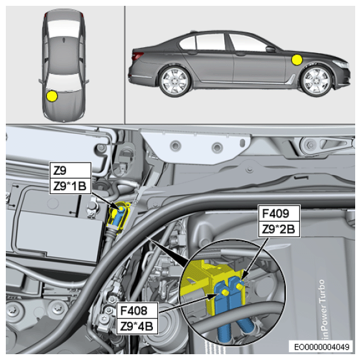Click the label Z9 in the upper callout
(x=60, y=171)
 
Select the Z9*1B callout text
(x=70, y=186)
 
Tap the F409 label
(x=275, y=214)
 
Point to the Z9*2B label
(x=279, y=229)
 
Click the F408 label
(x=134, y=311)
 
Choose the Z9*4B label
(x=137, y=326)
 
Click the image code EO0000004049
(x=321, y=346)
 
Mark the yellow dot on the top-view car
(x=52, y=96)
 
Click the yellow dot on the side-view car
(x=297, y=60)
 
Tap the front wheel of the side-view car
(x=316, y=81)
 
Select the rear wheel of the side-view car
(x=175, y=82)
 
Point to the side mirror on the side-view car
(x=270, y=49)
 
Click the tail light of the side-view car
(x=137, y=56)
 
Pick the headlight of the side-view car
(x=340, y=63)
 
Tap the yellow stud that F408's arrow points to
(x=225, y=293)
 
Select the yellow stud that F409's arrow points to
(x=240, y=286)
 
